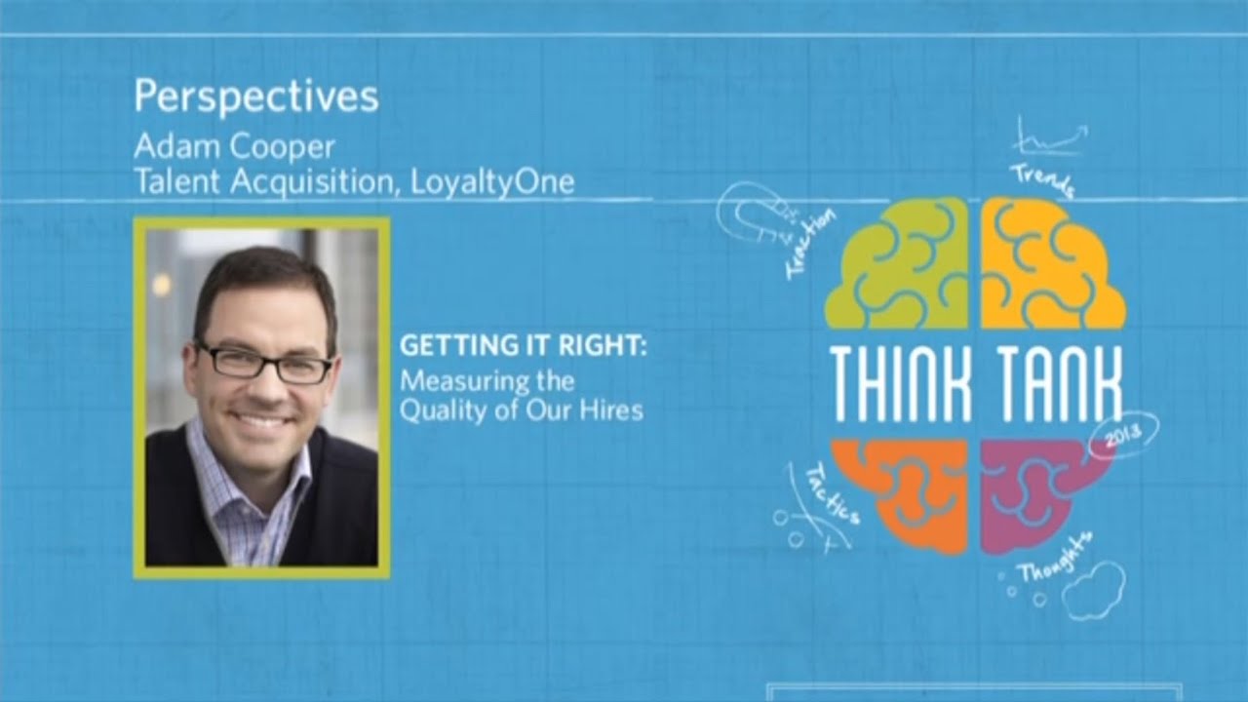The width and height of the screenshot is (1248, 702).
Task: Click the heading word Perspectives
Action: pos(255,97)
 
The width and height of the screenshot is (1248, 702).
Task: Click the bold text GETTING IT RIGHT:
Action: pos(524,346)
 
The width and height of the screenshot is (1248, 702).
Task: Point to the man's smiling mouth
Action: pos(261,420)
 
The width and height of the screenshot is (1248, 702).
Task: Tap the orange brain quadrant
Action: pos(902,492)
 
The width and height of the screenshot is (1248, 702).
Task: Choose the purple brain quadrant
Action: pos(1038,487)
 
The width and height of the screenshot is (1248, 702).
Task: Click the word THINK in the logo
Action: pos(902,382)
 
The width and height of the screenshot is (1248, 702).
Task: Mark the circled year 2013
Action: pos(1123,436)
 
